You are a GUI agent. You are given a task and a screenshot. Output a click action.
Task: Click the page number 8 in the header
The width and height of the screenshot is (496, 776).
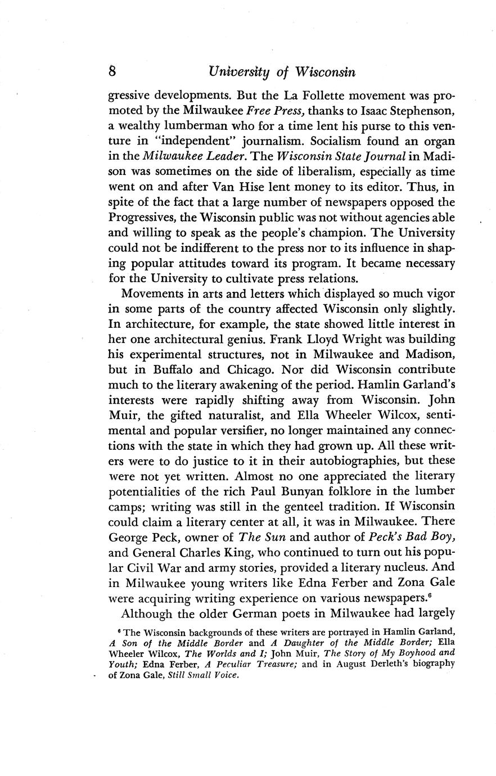coord(112,72)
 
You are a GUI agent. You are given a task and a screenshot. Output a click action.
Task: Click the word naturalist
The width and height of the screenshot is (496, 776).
coord(231,416)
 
